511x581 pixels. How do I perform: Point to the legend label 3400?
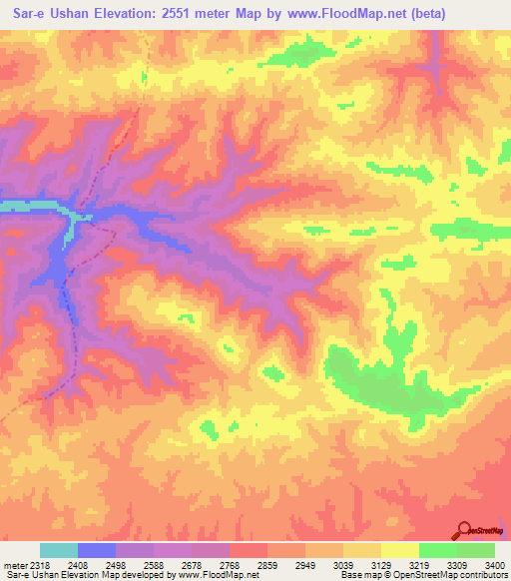492,564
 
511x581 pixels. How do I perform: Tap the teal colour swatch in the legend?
59,550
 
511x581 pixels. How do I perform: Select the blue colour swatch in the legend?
97,550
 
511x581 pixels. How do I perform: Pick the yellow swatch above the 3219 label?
400,550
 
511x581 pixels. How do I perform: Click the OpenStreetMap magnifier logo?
463,530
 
